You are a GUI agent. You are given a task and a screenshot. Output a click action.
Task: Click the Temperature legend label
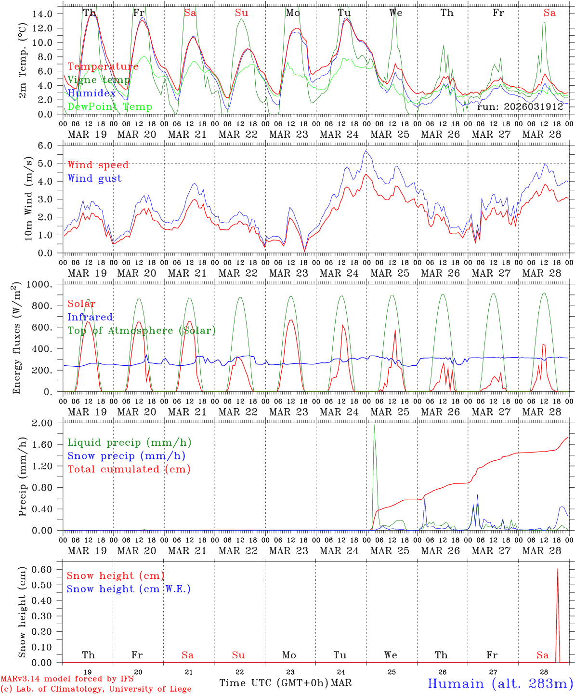[x=103, y=67]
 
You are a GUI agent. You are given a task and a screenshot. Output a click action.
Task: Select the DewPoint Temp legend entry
[x=110, y=107]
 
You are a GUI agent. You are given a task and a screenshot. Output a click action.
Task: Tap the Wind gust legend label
[x=94, y=178]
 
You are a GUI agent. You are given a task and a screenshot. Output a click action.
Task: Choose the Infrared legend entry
[x=90, y=317]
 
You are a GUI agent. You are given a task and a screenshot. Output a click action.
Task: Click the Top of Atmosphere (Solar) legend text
[x=142, y=331]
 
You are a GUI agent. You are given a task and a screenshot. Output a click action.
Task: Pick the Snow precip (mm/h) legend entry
[x=126, y=456]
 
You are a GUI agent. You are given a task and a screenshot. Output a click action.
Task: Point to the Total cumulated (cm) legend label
[x=129, y=469]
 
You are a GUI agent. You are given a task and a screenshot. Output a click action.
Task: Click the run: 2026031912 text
[x=520, y=107]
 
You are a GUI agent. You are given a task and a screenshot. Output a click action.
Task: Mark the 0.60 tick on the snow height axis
[x=43, y=569]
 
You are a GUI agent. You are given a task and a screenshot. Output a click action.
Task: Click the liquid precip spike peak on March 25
[x=374, y=425]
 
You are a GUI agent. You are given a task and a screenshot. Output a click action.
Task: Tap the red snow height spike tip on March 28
[x=558, y=569]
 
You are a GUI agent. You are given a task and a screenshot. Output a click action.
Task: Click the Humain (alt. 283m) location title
[x=500, y=683]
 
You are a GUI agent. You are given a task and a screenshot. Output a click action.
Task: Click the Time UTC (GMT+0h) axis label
[x=274, y=683]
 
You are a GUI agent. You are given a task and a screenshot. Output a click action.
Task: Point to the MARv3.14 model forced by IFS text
[x=67, y=679]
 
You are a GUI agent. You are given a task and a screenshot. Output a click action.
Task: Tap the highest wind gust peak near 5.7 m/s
[x=366, y=151]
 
